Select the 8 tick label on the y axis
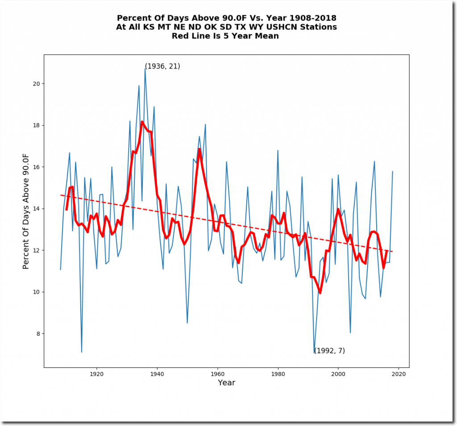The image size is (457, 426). click(39, 334)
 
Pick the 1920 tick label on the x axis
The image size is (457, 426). click(96, 374)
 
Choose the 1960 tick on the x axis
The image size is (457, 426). click(217, 367)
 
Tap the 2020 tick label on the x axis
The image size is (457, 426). click(399, 374)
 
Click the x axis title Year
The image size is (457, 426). click(226, 383)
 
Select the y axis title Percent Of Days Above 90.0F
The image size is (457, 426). click(26, 211)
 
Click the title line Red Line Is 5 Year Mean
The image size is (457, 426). click(225, 36)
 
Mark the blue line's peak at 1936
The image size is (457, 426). click(145, 68)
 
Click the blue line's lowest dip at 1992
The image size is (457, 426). click(314, 353)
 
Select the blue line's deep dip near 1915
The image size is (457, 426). click(82, 352)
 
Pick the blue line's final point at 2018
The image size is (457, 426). click(393, 171)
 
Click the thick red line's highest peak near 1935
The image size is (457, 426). click(142, 122)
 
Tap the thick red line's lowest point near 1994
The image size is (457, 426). click(320, 293)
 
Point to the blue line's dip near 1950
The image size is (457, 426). click(187, 323)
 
